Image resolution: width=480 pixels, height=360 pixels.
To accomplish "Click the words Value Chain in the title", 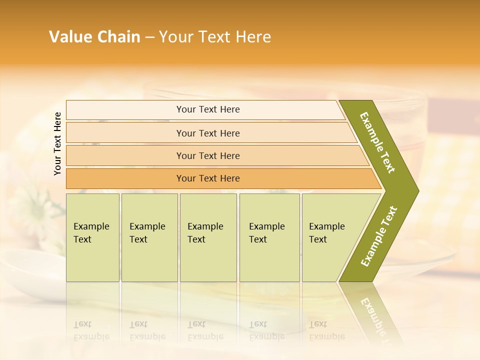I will (94, 37).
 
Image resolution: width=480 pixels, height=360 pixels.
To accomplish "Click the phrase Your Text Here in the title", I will (215, 37).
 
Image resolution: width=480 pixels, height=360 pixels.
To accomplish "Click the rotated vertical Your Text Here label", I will (57, 144).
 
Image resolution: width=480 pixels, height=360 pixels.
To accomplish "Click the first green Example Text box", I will (92, 237).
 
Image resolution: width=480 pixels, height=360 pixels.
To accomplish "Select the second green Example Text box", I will (149, 237).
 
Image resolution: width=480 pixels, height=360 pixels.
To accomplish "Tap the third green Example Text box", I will (208, 237).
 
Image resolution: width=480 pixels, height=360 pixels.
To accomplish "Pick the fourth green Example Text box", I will (269, 237).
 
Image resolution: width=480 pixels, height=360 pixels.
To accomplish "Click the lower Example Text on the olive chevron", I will (379, 236).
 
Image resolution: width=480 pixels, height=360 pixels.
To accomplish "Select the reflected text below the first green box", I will (91, 331).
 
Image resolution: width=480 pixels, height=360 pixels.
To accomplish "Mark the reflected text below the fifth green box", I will (327, 331).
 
